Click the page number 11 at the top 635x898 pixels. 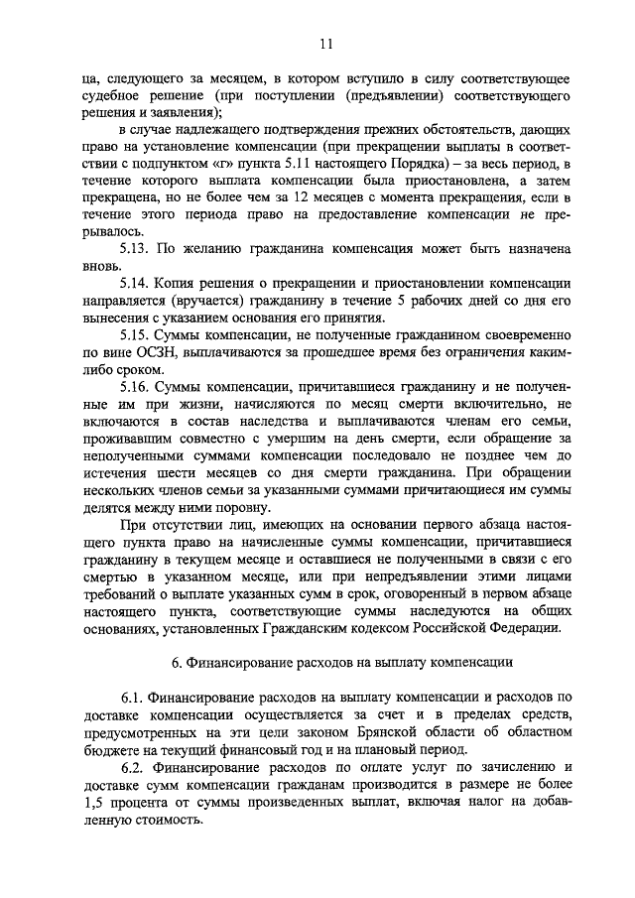pos(326,43)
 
